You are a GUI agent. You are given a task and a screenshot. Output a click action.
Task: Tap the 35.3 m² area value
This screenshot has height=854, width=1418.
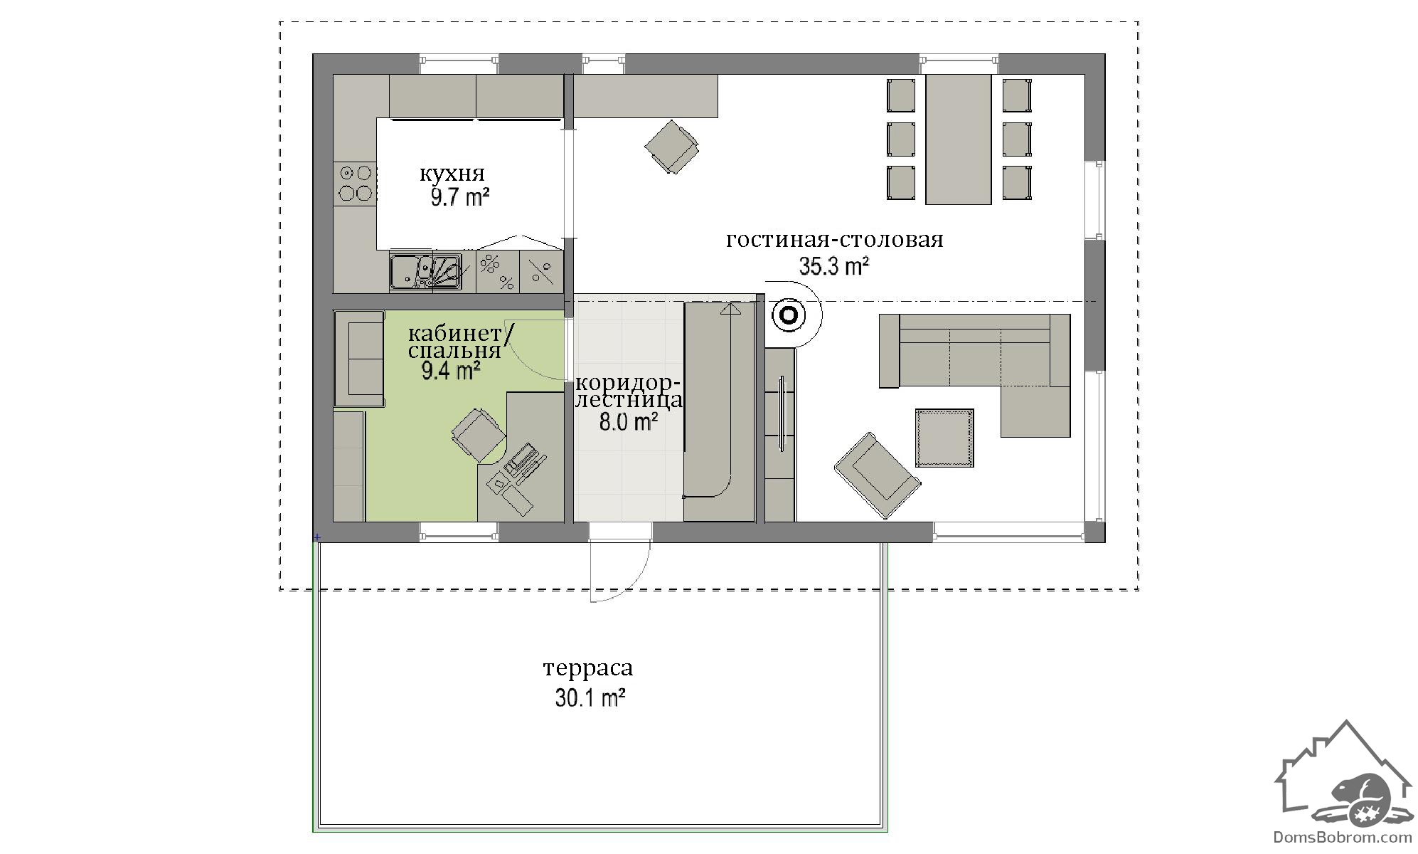[x=834, y=267]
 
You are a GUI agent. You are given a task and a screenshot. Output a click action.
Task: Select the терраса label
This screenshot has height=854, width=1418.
[x=588, y=668]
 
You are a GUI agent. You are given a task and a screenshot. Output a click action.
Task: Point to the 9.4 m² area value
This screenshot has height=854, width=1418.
[x=451, y=371]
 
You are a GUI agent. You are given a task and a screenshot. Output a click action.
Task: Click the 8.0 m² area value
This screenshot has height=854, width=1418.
[x=628, y=422]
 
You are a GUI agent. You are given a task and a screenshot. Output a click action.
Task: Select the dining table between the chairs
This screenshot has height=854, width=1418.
[x=958, y=139]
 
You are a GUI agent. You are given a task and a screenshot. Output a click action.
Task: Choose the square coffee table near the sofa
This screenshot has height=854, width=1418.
[x=944, y=438]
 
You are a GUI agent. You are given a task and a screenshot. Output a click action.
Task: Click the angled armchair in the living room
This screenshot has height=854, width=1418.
[x=878, y=474]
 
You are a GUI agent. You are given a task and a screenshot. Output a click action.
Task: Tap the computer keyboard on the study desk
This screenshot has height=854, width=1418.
[x=522, y=459]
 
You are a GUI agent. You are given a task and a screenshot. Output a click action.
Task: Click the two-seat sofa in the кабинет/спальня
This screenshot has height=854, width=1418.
[x=359, y=359]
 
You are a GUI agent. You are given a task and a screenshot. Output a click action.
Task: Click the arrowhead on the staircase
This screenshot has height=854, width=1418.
[x=730, y=308]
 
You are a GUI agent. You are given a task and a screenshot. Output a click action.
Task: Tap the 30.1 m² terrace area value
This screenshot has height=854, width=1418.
[x=590, y=698]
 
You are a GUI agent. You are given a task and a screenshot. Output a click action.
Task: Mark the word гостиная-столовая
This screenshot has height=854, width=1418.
[x=835, y=240]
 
